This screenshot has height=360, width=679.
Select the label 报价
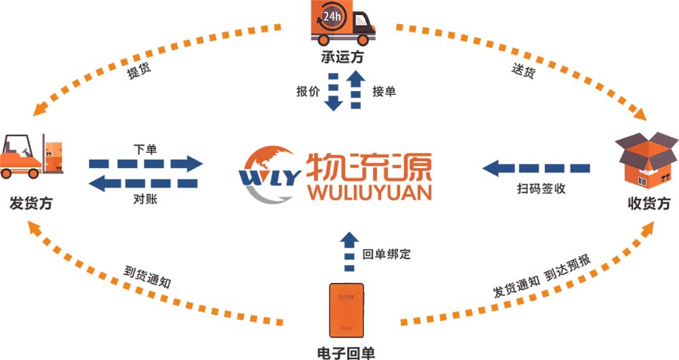tap(307, 92)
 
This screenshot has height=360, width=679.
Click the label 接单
tap(384, 92)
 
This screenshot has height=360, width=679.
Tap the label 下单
tap(145, 148)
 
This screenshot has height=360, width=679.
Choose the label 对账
tap(145, 200)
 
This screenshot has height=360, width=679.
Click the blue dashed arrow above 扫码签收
tap(536, 166)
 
